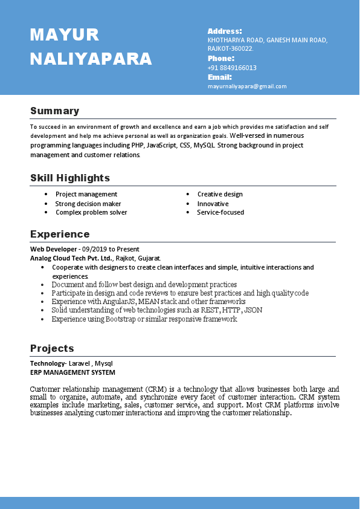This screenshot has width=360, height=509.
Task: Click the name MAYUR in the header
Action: (x=65, y=35)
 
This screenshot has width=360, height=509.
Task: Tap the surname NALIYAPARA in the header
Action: (x=91, y=59)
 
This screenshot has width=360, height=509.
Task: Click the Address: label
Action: (x=225, y=31)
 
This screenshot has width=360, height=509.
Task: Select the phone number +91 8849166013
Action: (x=232, y=68)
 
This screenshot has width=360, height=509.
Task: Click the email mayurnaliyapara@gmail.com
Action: (x=247, y=86)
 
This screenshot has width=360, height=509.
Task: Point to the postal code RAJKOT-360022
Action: (x=230, y=48)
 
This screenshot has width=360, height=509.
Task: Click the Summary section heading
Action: (x=54, y=111)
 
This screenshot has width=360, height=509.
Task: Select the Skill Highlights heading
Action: (x=70, y=178)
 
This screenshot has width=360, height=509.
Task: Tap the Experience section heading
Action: (x=60, y=234)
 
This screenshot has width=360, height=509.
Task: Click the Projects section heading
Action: (x=52, y=348)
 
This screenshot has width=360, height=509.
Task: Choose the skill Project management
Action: (x=86, y=194)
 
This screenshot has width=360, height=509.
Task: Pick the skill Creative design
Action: (x=220, y=194)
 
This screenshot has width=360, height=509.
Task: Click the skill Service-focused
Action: (x=220, y=212)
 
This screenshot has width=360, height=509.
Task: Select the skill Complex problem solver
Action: (x=91, y=212)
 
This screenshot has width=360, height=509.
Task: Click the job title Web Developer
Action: (x=54, y=248)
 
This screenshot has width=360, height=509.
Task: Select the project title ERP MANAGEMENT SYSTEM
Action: (x=72, y=372)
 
